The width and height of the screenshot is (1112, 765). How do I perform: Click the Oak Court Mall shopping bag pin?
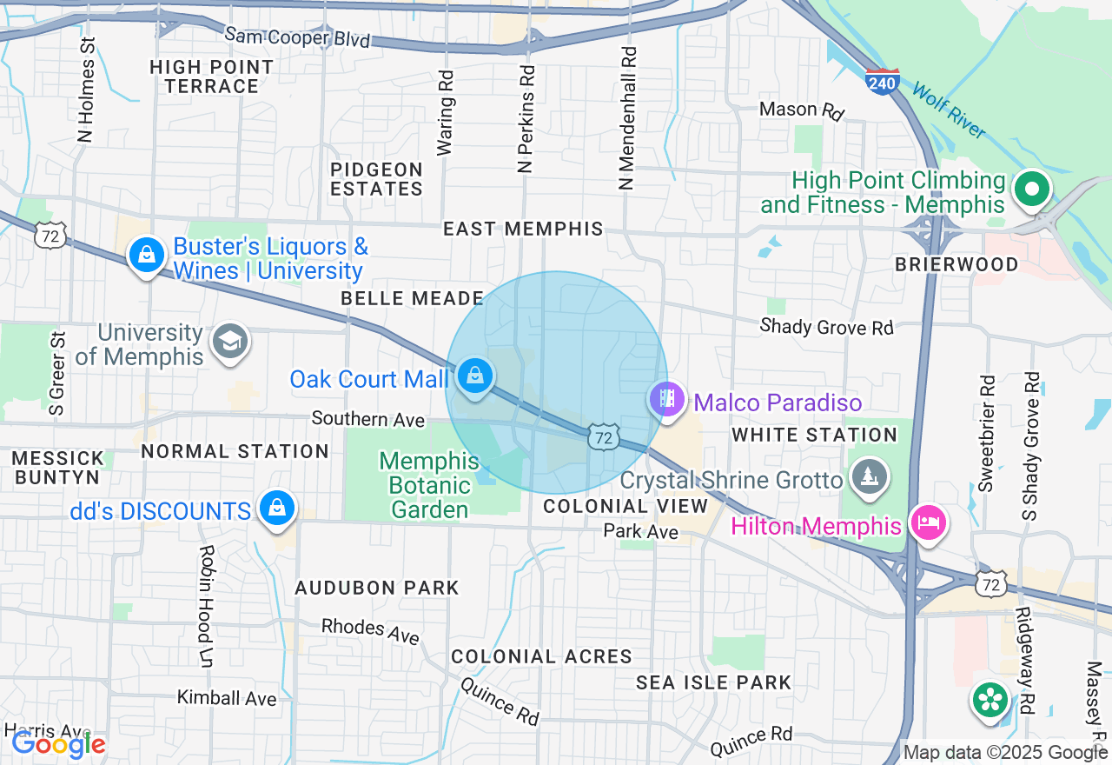(474, 377)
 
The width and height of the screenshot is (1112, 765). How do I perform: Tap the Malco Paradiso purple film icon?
(666, 400)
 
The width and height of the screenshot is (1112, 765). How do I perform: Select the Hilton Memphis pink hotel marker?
(927, 524)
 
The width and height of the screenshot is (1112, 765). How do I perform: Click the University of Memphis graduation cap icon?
(231, 342)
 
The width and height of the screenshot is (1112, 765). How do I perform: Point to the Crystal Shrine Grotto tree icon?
(868, 478)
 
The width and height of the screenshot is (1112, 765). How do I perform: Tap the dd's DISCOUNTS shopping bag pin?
(277, 509)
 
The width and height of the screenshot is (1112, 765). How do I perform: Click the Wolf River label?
(949, 110)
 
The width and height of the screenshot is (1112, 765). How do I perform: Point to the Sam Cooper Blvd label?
(297, 37)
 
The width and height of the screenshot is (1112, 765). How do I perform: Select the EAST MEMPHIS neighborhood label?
(523, 229)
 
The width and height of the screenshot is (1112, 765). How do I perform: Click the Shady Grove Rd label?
(826, 327)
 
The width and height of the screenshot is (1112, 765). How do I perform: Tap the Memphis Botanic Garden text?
(429, 484)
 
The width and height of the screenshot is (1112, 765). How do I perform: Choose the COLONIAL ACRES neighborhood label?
(541, 656)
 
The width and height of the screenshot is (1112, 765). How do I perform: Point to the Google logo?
(58, 743)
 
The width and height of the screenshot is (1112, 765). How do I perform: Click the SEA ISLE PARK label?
(713, 682)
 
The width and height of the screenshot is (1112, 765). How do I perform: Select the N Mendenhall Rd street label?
(627, 117)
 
